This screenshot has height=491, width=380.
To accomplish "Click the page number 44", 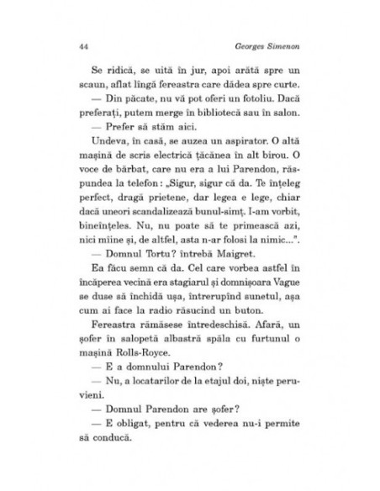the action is (82, 46).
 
